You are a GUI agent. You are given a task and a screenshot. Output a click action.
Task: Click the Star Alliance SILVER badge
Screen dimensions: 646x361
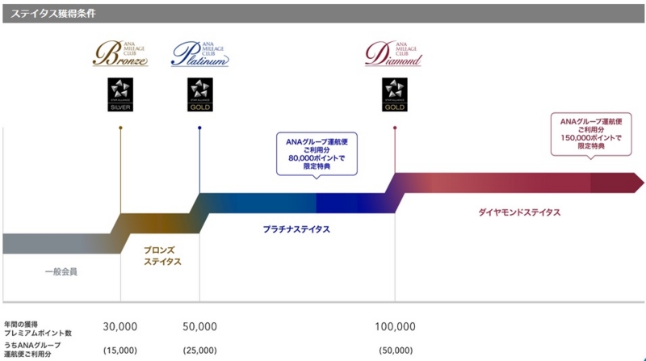click(120, 94)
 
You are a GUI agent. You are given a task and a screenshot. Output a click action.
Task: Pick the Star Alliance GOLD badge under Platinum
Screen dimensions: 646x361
click(199, 94)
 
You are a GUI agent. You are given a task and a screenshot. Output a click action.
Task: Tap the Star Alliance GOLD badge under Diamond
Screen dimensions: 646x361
click(394, 94)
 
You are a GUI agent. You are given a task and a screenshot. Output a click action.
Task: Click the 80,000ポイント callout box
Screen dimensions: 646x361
click(316, 151)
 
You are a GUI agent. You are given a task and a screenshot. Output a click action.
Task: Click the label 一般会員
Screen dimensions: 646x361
click(61, 272)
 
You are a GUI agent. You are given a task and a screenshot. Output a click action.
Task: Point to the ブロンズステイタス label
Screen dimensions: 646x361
click(161, 256)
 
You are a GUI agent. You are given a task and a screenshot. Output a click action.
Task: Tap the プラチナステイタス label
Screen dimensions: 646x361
click(296, 229)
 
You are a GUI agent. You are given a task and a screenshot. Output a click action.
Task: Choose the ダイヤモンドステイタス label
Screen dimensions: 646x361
click(519, 212)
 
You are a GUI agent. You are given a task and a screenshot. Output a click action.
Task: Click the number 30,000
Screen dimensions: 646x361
click(120, 326)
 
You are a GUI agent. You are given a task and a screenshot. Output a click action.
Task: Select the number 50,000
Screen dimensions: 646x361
click(199, 326)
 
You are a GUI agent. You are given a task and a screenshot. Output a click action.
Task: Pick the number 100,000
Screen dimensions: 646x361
click(395, 326)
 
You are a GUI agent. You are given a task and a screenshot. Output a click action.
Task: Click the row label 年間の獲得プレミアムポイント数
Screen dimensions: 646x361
click(38, 327)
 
